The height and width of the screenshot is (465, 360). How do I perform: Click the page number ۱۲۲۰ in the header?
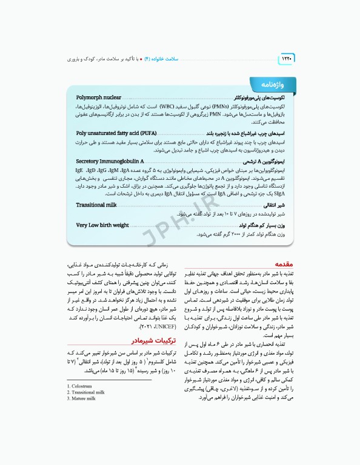click(x=285, y=59)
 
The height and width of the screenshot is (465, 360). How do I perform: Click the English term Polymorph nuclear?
click(x=99, y=97)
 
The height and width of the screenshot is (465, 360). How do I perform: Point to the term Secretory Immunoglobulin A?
click(x=110, y=161)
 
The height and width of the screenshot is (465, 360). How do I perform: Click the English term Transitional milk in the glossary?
click(x=96, y=205)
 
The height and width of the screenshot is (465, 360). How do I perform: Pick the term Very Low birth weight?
click(x=102, y=225)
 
